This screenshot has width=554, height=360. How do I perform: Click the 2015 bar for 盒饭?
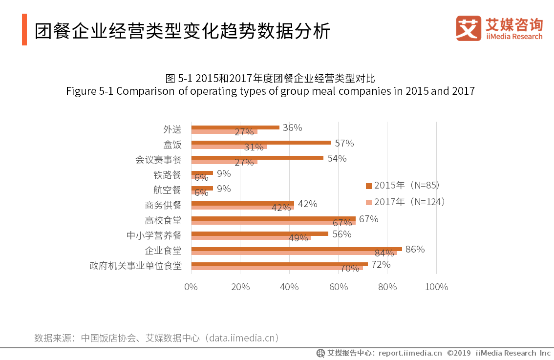(x=260, y=143)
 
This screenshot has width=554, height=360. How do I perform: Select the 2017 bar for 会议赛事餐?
(x=224, y=162)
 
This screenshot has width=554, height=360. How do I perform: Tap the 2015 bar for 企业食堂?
(x=296, y=249)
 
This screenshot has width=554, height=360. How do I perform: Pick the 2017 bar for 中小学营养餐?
(x=251, y=238)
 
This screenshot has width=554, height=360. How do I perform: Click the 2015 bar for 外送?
(x=235, y=127)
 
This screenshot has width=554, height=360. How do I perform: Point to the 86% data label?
(x=415, y=249)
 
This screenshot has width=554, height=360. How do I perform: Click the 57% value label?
(x=344, y=143)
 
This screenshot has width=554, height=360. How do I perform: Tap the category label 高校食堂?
(x=163, y=220)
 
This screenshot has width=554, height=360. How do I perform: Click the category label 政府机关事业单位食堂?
(x=135, y=266)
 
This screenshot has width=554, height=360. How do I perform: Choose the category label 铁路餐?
(x=167, y=175)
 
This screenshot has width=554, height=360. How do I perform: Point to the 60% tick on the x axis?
(x=338, y=287)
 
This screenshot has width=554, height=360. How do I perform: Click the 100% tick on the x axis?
(x=436, y=287)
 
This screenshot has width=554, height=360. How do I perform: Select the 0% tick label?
(x=191, y=287)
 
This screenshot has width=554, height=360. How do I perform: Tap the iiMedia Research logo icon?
(x=468, y=28)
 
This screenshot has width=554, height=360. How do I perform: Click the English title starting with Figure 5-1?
(x=270, y=91)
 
